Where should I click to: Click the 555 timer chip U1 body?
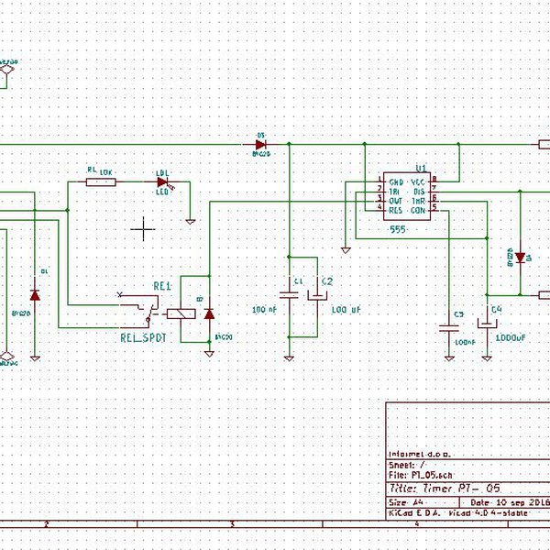407,197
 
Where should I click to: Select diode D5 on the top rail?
260,144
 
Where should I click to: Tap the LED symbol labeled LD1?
163,181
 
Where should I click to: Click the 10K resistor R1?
101,181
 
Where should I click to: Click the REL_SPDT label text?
146,337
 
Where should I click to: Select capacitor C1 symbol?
289,294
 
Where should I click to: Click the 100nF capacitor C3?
449,324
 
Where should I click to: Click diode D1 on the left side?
35,295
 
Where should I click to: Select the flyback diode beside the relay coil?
208,314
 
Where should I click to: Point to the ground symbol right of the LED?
190,220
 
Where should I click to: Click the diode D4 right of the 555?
519,257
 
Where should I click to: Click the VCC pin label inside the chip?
419,183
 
